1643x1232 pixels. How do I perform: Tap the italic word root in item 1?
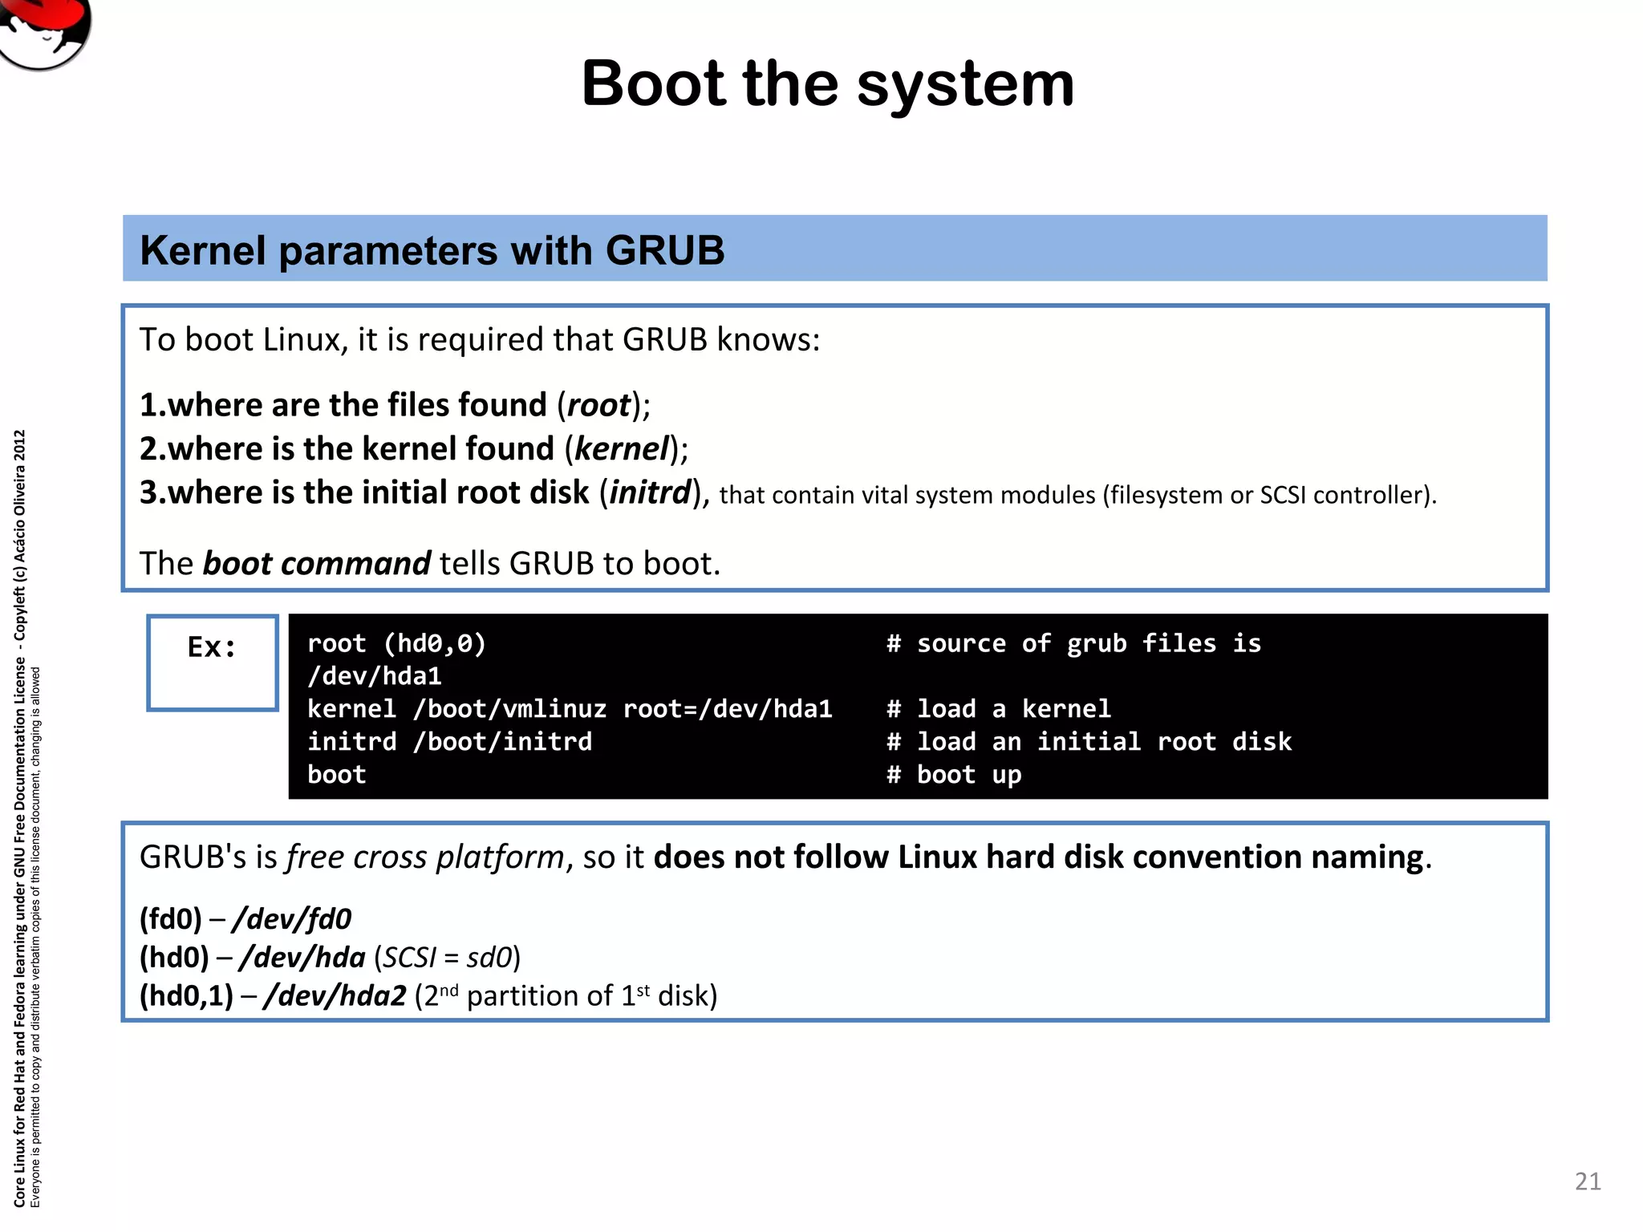click(x=598, y=405)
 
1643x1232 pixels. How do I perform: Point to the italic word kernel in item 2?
click(x=621, y=449)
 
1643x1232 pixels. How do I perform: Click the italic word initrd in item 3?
click(x=650, y=492)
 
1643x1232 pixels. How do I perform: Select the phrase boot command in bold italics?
click(x=316, y=564)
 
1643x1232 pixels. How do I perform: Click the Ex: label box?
click(x=213, y=663)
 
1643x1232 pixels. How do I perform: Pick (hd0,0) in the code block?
click(x=435, y=643)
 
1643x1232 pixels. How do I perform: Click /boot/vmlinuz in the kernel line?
click(x=509, y=709)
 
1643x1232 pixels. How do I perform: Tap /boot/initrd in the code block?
click(x=502, y=742)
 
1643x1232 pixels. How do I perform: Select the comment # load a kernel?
click(x=998, y=709)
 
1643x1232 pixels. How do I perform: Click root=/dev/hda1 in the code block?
click(x=728, y=709)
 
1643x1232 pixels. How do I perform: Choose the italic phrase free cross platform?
click(x=425, y=857)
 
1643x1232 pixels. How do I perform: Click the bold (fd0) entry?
click(x=171, y=919)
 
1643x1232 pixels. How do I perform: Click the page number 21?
click(x=1588, y=1181)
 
